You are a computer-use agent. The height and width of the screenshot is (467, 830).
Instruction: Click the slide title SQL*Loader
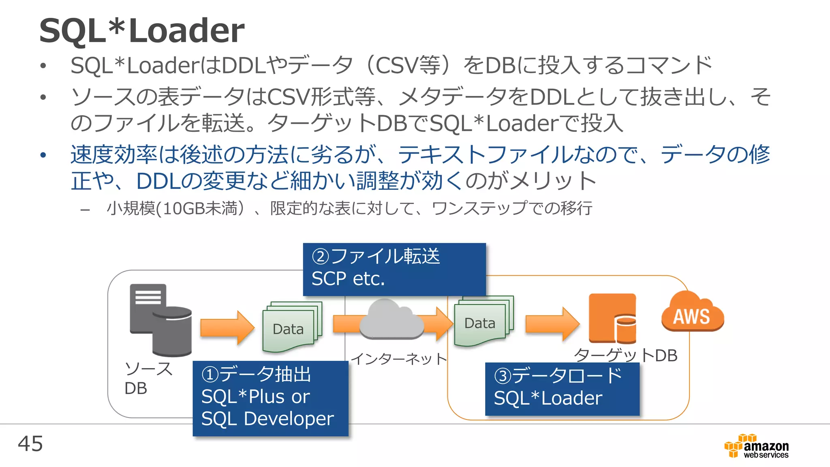142,30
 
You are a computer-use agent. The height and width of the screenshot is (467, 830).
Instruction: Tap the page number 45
30,443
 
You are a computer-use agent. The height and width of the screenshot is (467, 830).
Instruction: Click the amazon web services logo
757,446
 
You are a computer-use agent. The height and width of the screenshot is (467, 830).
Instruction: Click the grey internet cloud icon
391,320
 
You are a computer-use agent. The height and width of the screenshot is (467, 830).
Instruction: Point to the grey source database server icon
160,320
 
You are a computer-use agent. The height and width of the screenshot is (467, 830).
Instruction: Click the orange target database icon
612,319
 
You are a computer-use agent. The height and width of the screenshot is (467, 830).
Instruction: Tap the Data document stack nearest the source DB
292,327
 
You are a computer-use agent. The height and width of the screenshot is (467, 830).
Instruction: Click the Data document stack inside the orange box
483,321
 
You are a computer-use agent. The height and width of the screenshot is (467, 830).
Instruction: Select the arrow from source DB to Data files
227,328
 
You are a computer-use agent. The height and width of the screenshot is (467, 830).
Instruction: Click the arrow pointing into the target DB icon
552,323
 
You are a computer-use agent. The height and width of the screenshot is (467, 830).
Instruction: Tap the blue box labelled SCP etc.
394,269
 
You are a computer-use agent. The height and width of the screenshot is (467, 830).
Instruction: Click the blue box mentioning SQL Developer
270,398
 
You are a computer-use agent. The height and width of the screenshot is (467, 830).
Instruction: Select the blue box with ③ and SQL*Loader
562,389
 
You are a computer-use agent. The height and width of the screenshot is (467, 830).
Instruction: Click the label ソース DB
148,378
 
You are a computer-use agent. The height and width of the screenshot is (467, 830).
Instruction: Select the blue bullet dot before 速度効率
43,155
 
